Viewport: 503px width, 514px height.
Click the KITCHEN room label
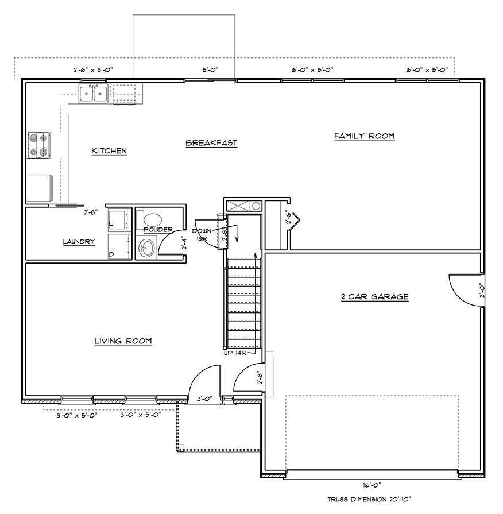click(x=109, y=151)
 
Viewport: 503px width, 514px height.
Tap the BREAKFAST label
click(x=211, y=143)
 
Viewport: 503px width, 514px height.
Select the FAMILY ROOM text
click(x=364, y=136)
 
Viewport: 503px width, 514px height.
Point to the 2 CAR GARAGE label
click(x=374, y=297)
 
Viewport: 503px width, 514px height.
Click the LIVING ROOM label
click(x=123, y=341)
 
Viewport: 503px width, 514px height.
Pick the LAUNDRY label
click(x=79, y=242)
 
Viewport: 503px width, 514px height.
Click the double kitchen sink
click(x=93, y=93)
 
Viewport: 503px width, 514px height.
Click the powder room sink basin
click(x=146, y=249)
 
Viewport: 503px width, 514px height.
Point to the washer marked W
click(x=119, y=220)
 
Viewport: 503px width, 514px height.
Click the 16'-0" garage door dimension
click(x=372, y=485)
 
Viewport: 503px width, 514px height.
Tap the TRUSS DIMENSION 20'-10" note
click(x=369, y=500)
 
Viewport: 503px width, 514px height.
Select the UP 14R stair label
click(x=235, y=353)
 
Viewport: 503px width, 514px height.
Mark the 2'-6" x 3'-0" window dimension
click(x=93, y=69)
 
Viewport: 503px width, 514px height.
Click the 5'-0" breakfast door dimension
click(x=210, y=69)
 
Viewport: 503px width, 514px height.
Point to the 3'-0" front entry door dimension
click(x=205, y=398)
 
